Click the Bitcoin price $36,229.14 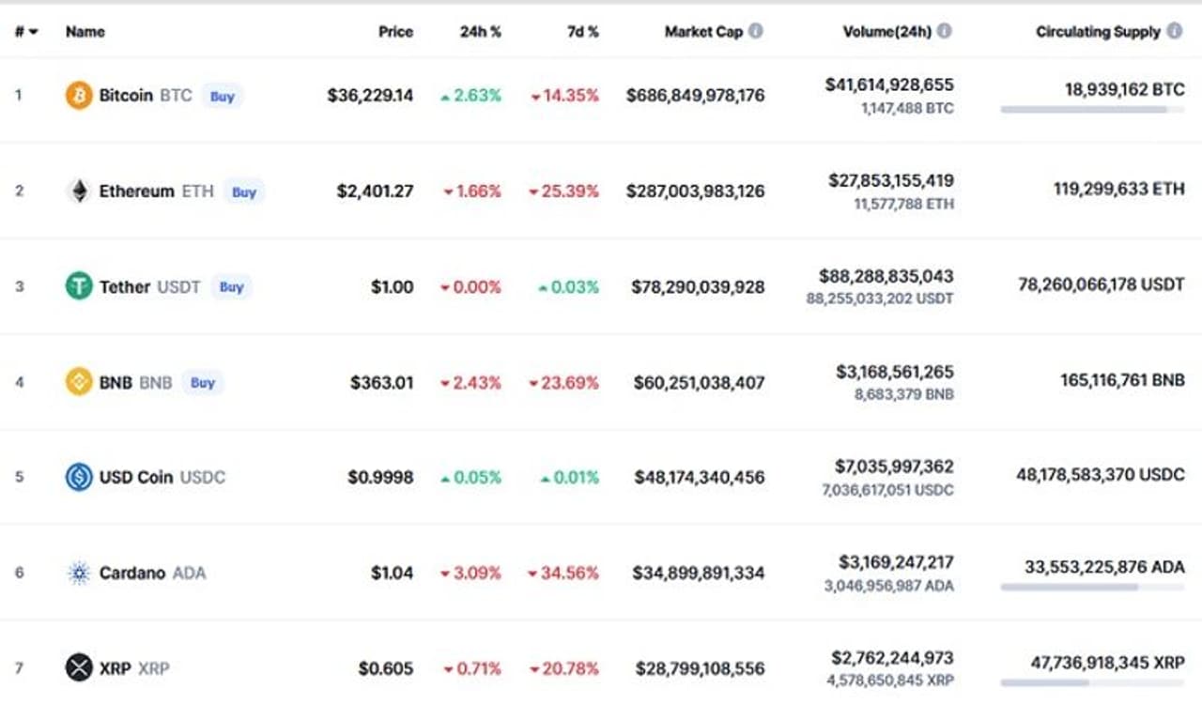(370, 96)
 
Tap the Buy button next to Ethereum (244, 191)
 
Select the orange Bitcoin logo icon (79, 95)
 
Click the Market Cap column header (703, 32)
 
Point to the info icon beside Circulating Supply (1175, 31)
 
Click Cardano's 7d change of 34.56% (564, 573)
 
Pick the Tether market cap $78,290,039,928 (698, 287)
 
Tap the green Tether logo (79, 286)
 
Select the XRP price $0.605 (385, 668)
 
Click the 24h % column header (480, 32)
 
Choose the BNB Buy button (203, 382)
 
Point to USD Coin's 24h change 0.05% (471, 477)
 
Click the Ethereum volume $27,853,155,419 (890, 180)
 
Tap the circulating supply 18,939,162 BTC (1124, 89)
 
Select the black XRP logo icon (79, 667)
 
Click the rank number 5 (19, 477)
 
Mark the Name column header (85, 32)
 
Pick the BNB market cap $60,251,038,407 (699, 382)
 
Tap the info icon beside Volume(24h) (944, 31)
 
